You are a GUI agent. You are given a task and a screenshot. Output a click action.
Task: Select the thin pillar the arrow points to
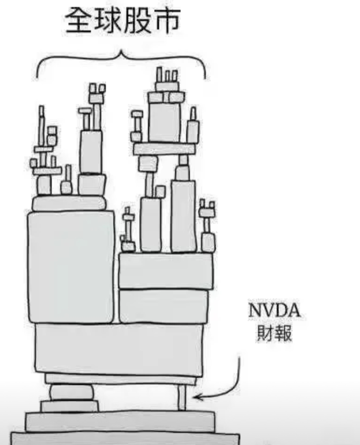pyautogui.click(x=182, y=397)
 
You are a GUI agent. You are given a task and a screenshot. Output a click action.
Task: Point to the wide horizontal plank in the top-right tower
pyautogui.click(x=164, y=150)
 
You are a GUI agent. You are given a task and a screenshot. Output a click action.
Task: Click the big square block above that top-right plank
pyautogui.click(x=164, y=121)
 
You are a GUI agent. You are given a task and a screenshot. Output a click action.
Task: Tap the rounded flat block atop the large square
pyautogui.click(x=69, y=203)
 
